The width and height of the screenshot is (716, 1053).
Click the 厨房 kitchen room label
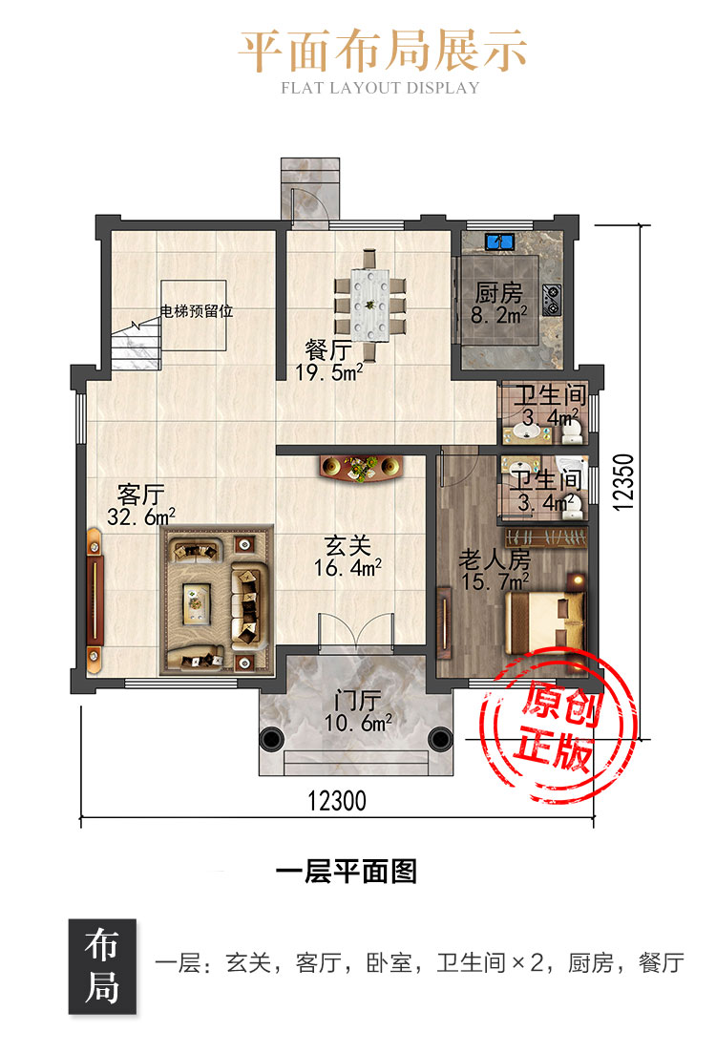tap(498, 293)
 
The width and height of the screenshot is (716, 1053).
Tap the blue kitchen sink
tap(499, 242)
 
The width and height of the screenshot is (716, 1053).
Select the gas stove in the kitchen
tap(552, 300)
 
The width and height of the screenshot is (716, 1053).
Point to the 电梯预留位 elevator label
tap(196, 311)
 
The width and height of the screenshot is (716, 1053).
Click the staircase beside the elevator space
tap(136, 344)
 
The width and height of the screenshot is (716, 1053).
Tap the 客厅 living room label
tap(140, 495)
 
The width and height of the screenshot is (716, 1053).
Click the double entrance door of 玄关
tap(356, 632)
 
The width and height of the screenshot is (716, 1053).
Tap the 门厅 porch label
tap(357, 701)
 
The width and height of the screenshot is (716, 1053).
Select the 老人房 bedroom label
tap(495, 558)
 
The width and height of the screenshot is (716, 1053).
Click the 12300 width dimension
tap(337, 801)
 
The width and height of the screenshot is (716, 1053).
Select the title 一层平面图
tap(347, 871)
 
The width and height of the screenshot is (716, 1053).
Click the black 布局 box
tap(102, 966)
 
